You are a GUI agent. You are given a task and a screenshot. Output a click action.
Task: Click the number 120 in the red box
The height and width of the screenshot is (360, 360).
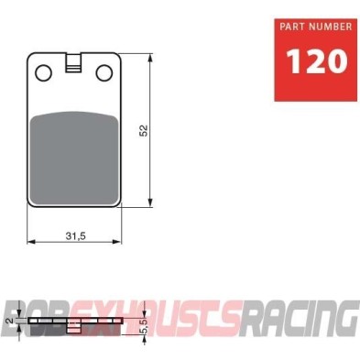[x=317, y=62]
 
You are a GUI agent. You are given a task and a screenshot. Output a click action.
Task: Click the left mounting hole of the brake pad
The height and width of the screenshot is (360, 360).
[x=41, y=71]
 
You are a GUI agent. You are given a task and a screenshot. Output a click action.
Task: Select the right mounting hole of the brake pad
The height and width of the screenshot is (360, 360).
[x=108, y=71]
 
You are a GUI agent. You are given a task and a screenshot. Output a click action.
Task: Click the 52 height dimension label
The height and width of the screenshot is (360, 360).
[x=144, y=131]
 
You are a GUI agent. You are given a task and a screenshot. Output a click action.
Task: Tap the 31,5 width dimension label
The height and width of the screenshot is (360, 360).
[x=74, y=235]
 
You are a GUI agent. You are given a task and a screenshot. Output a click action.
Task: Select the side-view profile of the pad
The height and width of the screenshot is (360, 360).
[x=74, y=322]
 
